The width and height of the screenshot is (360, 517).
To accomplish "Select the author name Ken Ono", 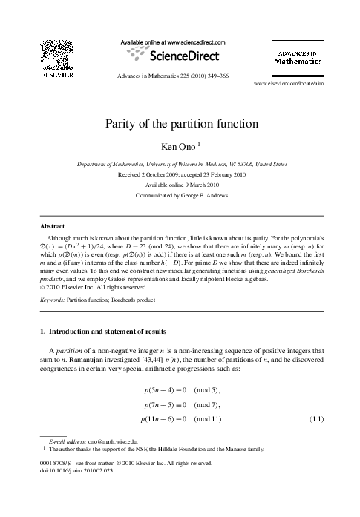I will pyautogui.click(x=176, y=147).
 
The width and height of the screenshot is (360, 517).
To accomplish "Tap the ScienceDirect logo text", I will pyautogui.click(x=180, y=55).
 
